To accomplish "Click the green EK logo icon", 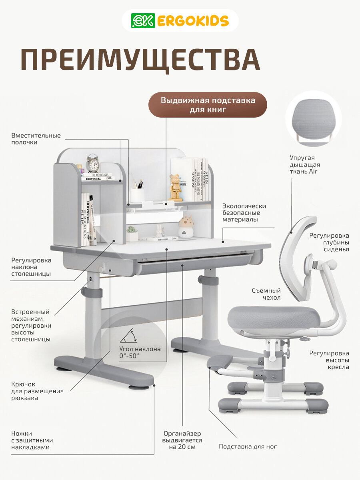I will pos(143,21).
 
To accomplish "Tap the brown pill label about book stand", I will pos(208,105).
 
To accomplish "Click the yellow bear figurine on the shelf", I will pos(175,187).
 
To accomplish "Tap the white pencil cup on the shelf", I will pos(137,194).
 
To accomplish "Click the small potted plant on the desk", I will pos(132,234).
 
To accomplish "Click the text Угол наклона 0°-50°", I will pos(140,352).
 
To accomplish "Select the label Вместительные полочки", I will pos(36,139).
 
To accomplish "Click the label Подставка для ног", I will pos(248,446).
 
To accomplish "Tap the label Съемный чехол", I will pos(266,294).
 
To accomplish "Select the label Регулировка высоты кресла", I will pos(329,360).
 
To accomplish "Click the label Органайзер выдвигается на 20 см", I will pos(182,440).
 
